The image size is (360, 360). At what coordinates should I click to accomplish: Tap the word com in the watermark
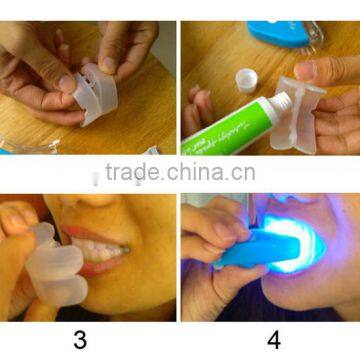click(x=239, y=173)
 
